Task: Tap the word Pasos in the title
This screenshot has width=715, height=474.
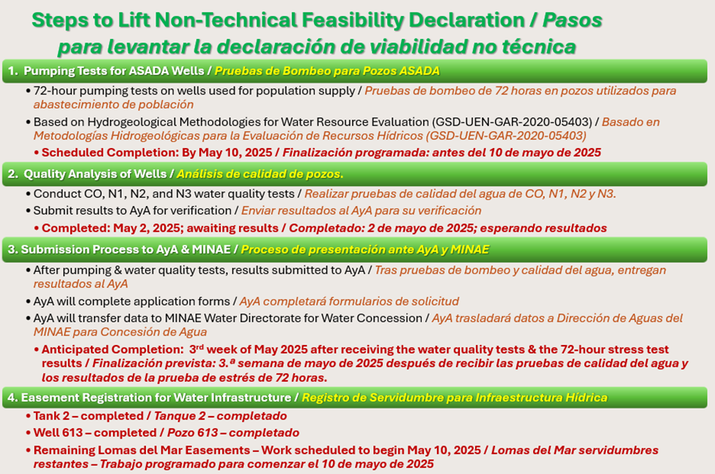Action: pyautogui.click(x=572, y=21)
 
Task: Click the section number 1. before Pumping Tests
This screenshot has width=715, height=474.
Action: pyautogui.click(x=12, y=71)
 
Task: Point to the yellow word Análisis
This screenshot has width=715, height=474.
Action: pyautogui.click(x=198, y=174)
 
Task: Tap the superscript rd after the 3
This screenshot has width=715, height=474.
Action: pyautogui.click(x=199, y=347)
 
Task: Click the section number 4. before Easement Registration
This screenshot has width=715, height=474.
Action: pyautogui.click(x=12, y=398)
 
